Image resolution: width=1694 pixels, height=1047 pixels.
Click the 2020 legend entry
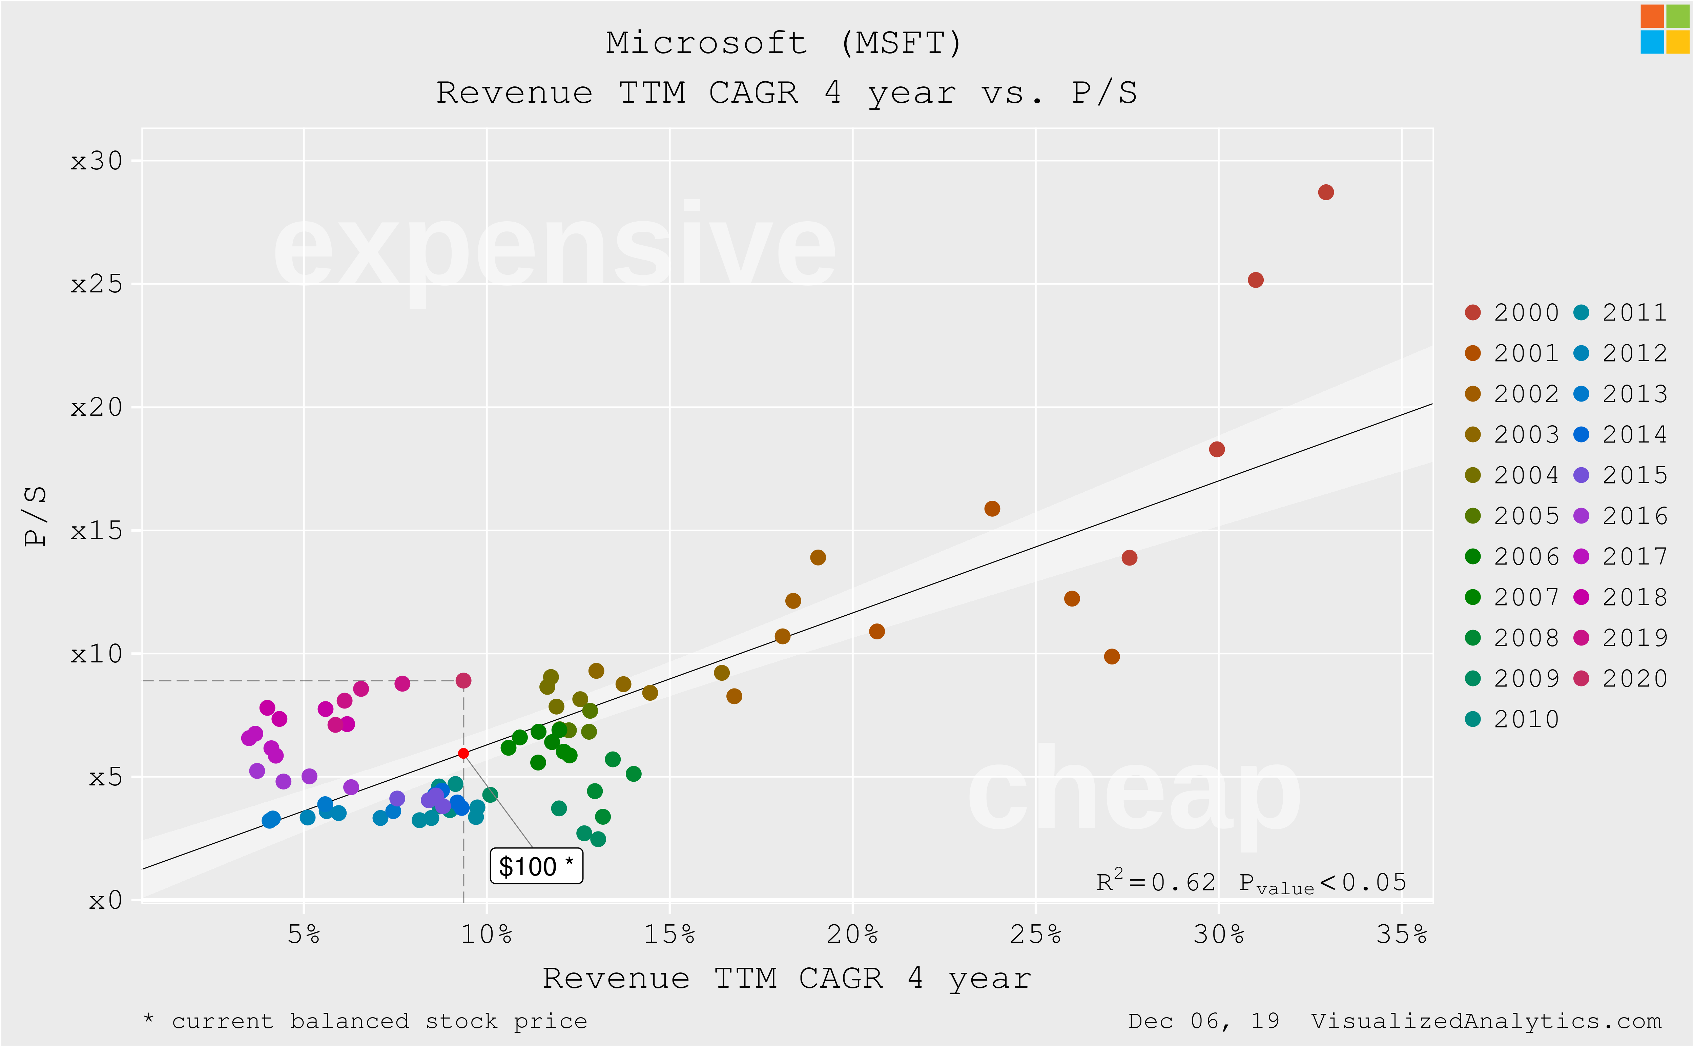click(1624, 679)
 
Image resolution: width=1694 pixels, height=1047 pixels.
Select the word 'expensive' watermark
click(554, 249)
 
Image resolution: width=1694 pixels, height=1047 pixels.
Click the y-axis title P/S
click(35, 516)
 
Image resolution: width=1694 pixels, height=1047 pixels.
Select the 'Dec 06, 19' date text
click(1203, 1021)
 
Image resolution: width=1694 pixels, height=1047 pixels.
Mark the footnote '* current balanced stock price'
click(366, 1021)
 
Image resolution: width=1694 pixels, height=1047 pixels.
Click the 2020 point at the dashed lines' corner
click(463, 681)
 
